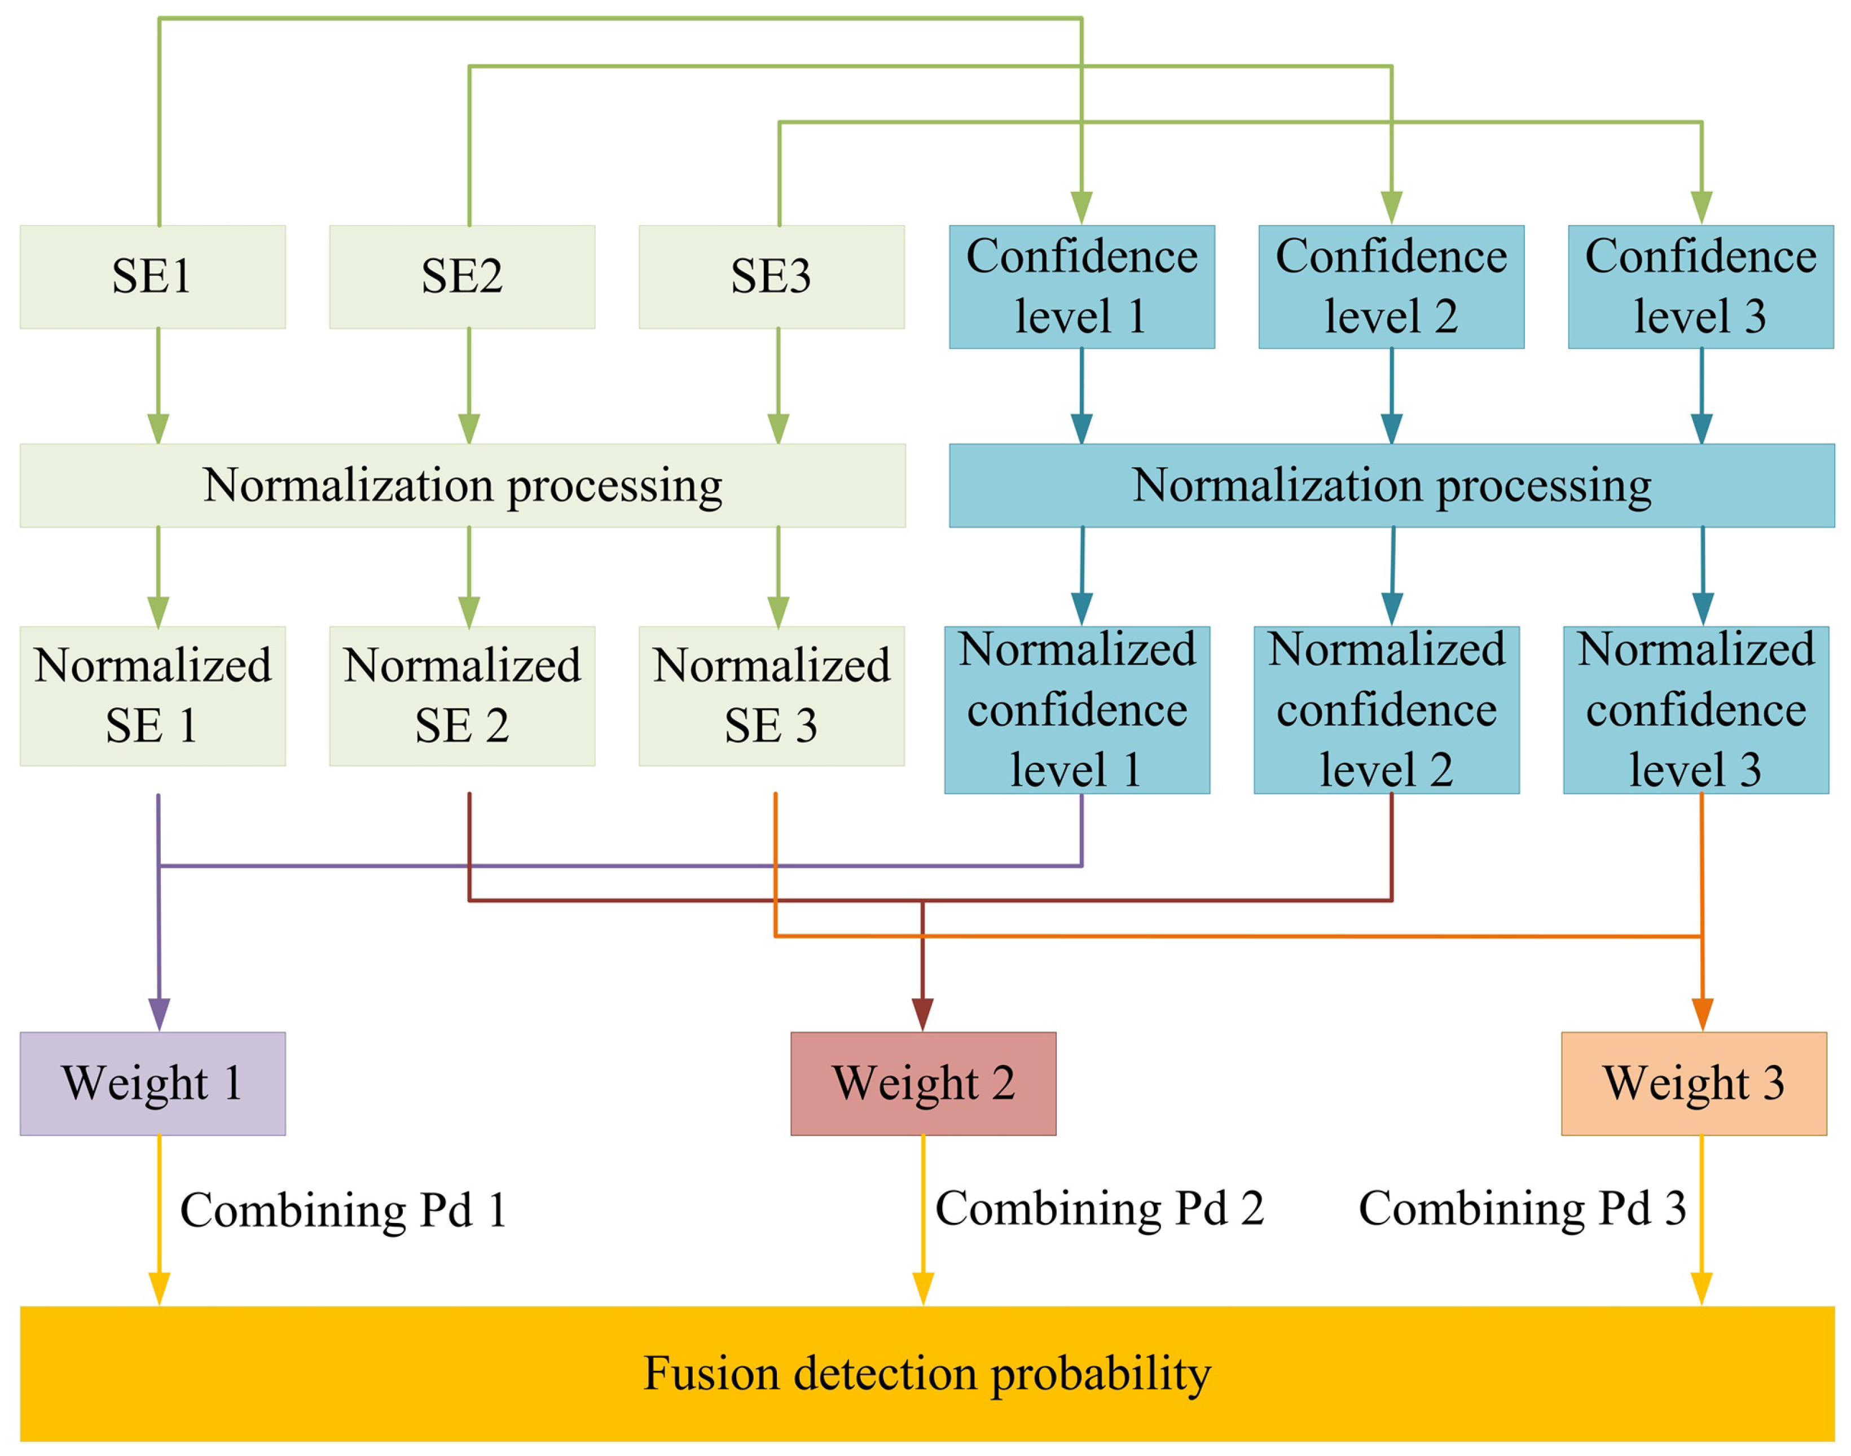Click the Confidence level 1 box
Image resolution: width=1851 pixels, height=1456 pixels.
click(1081, 287)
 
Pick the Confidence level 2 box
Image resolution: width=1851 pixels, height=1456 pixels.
click(1391, 287)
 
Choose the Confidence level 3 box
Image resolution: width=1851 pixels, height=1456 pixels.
click(1700, 287)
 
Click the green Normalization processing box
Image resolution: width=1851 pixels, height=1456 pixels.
click(463, 485)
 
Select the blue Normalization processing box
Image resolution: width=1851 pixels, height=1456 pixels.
click(1392, 485)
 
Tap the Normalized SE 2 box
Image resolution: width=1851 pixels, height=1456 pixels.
click(462, 696)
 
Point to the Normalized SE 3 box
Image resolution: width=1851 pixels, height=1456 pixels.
click(771, 696)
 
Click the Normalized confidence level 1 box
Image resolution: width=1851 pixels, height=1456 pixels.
click(1077, 709)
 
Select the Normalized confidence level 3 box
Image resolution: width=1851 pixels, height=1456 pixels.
click(1696, 709)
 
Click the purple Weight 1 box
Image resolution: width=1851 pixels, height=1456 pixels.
click(152, 1084)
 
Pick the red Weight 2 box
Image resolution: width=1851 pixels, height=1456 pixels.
click(923, 1084)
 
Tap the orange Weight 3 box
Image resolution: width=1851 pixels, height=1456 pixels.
click(1694, 1084)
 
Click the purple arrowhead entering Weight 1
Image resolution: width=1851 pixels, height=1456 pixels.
click(159, 1015)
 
